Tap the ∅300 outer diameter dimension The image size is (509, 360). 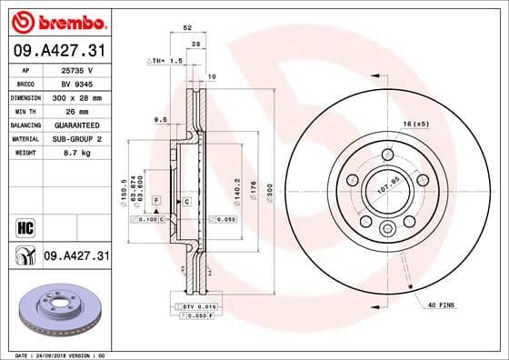click(x=270, y=192)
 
